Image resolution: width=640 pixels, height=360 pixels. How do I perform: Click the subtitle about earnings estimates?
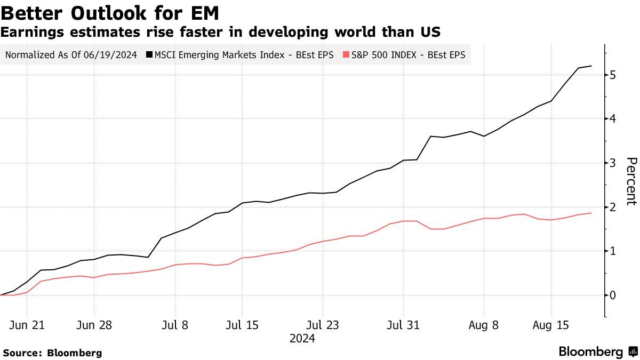(220, 32)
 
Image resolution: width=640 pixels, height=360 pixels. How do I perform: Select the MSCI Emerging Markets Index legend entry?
(243, 54)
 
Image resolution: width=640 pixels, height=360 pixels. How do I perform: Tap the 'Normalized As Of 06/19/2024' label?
(71, 54)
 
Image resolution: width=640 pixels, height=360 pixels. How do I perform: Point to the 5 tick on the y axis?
(613, 75)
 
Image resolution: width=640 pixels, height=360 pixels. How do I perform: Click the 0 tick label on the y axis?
(613, 295)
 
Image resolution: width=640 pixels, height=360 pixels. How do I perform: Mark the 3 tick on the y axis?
(613, 163)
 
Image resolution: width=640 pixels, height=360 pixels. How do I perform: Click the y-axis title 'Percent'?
(631, 181)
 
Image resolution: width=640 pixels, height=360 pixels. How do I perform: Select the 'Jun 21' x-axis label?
(27, 325)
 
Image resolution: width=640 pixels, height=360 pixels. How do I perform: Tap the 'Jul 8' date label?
(175, 325)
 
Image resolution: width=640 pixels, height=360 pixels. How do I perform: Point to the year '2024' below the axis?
(302, 339)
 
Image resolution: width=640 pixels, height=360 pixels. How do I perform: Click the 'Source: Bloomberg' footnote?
(52, 353)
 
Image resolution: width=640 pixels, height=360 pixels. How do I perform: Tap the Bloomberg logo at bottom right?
(598, 352)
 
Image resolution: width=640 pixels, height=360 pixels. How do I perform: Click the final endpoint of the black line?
(591, 66)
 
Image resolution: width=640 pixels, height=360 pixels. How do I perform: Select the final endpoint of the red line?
(591, 213)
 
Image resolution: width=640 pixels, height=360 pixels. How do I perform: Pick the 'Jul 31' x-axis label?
(403, 325)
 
